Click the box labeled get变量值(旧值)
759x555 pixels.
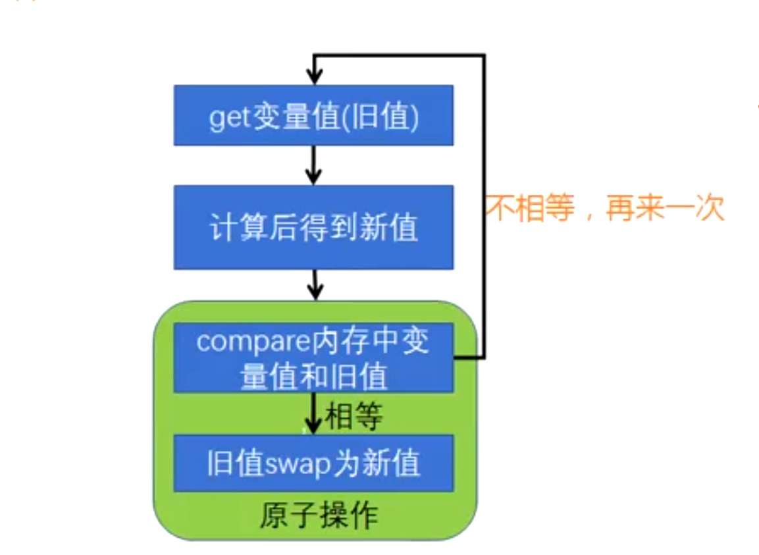click(313, 115)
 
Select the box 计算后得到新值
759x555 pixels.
click(313, 227)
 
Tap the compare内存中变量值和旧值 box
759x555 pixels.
click(313, 358)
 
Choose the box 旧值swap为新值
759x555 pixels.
click(313, 463)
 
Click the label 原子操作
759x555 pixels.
click(319, 515)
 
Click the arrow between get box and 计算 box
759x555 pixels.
click(315, 165)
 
